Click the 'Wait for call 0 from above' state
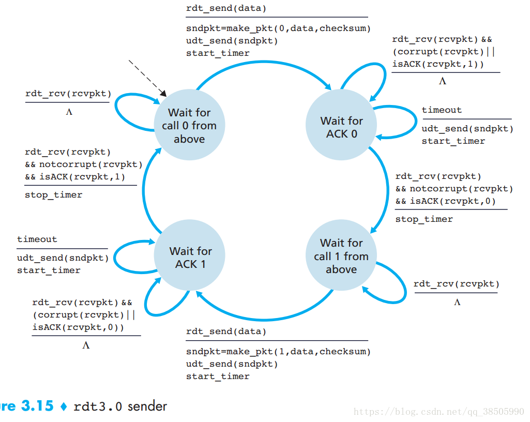point(189,126)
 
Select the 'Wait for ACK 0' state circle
point(341,127)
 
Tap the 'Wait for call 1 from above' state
point(341,256)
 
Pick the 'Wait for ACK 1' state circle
point(190,258)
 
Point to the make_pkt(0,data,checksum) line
point(278,28)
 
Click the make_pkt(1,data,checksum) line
point(278,352)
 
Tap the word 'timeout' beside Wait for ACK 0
point(442,110)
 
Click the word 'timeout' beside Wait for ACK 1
point(37,239)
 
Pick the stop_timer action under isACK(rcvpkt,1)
point(53,195)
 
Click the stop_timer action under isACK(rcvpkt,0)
point(424,219)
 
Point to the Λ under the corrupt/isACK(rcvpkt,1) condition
point(443,81)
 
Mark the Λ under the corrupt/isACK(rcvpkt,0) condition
point(86,345)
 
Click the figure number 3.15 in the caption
point(37,406)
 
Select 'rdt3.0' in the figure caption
point(98,406)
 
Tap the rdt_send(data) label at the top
point(226,8)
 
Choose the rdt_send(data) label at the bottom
point(226,331)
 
